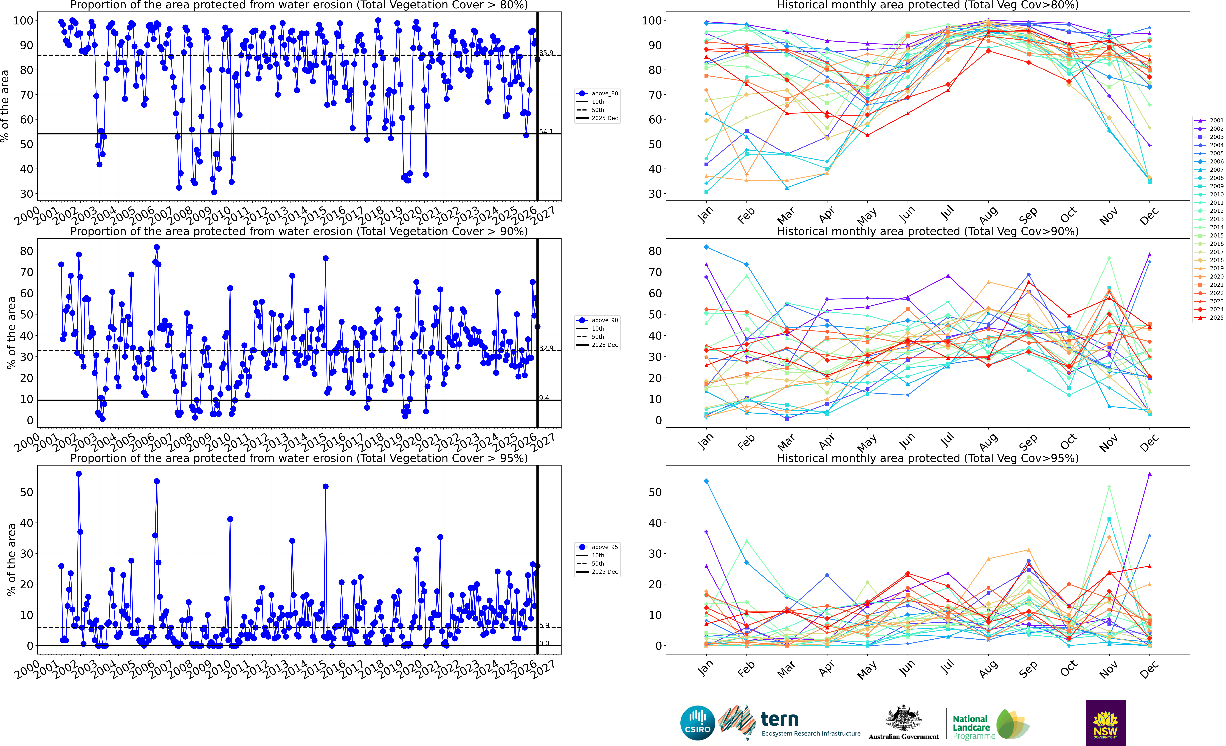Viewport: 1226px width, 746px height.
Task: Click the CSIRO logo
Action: [697, 723]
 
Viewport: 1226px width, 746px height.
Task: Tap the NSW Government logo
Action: [1105, 723]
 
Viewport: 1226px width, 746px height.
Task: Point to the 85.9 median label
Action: [546, 53]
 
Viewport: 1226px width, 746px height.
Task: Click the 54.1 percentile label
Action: [546, 132]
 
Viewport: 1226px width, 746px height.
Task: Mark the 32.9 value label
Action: [546, 348]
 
